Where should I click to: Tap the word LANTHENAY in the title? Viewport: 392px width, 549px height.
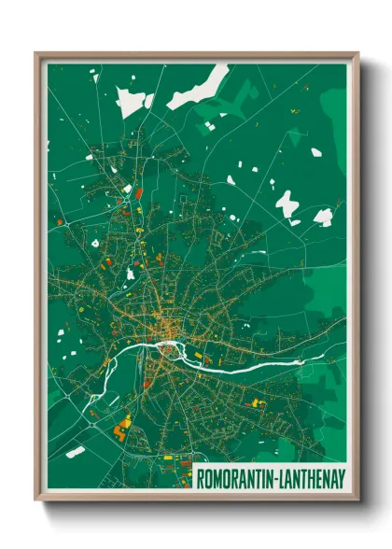[312, 478]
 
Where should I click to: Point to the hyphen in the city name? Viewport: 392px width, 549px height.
[276, 478]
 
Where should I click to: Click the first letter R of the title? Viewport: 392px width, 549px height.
[200, 478]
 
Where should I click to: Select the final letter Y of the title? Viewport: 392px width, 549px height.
[342, 478]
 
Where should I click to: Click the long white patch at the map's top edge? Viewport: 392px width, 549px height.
[198, 85]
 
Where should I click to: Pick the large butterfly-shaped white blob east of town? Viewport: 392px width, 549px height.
[286, 203]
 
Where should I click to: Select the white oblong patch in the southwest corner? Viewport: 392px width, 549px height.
[76, 452]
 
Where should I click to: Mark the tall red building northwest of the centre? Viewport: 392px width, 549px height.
[139, 193]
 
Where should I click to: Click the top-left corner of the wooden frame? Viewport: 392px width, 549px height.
[37, 55]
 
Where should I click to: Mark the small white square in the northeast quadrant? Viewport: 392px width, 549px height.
[316, 151]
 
